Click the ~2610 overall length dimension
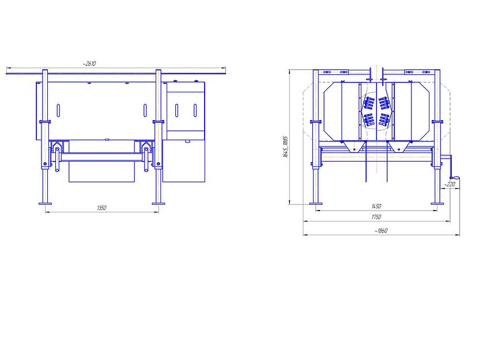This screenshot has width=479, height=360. (x=89, y=63)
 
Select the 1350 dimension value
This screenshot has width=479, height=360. (x=101, y=208)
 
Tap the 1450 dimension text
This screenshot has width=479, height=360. (x=376, y=207)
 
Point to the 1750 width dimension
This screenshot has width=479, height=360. (x=376, y=217)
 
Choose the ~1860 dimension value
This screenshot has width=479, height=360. (x=381, y=231)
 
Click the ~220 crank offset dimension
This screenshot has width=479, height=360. (x=450, y=184)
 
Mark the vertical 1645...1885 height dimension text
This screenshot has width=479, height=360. (x=286, y=147)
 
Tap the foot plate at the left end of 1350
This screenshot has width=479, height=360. (x=45, y=204)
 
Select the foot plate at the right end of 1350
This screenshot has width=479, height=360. (x=159, y=204)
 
